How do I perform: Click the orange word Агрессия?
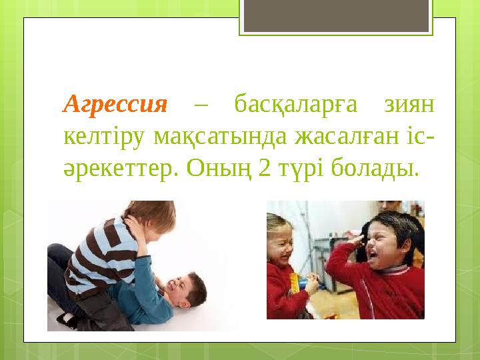click(115, 105)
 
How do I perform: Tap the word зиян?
click(409, 105)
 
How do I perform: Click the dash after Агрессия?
click(202, 105)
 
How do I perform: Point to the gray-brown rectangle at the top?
click(335, 15)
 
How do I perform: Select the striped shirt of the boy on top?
click(100, 257)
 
